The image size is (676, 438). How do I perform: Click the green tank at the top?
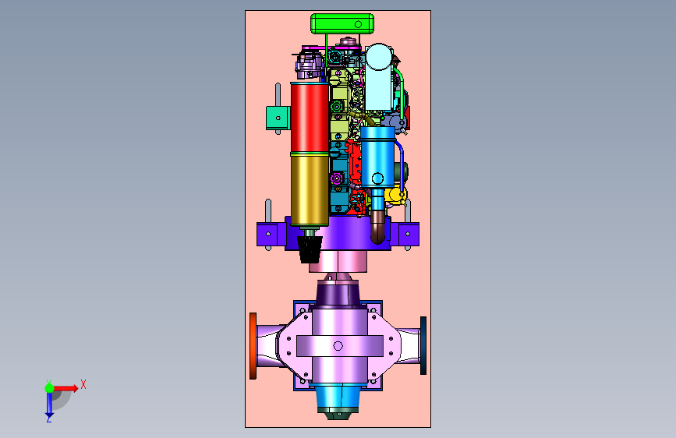click(x=342, y=23)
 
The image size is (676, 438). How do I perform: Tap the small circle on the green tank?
click(x=358, y=25)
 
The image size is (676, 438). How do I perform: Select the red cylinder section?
click(x=310, y=117)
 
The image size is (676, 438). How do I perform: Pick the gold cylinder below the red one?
click(x=310, y=189)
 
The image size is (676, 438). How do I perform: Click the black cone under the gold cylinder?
click(x=310, y=249)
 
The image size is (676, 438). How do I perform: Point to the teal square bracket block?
click(x=278, y=118)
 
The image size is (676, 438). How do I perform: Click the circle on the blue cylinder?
click(x=377, y=178)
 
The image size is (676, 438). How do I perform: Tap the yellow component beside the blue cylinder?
click(x=395, y=195)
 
